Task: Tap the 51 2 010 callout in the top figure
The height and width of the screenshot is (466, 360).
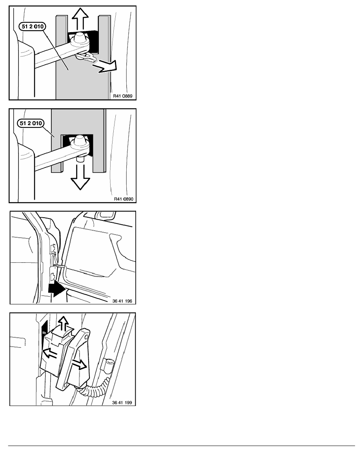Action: click(x=33, y=26)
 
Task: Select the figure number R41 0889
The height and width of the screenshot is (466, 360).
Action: click(x=123, y=96)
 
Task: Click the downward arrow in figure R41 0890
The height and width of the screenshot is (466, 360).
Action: click(x=80, y=177)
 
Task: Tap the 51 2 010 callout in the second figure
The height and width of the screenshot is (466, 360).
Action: click(x=31, y=123)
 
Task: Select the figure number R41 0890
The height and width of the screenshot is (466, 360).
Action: click(x=124, y=199)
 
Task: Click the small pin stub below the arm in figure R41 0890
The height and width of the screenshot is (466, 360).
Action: click(x=80, y=160)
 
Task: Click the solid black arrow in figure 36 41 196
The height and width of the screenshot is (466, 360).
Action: click(x=57, y=289)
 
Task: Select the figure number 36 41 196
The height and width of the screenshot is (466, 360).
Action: click(x=122, y=301)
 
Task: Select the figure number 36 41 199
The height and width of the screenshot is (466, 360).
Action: click(x=122, y=403)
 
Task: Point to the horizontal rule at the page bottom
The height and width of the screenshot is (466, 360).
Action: click(x=182, y=446)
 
